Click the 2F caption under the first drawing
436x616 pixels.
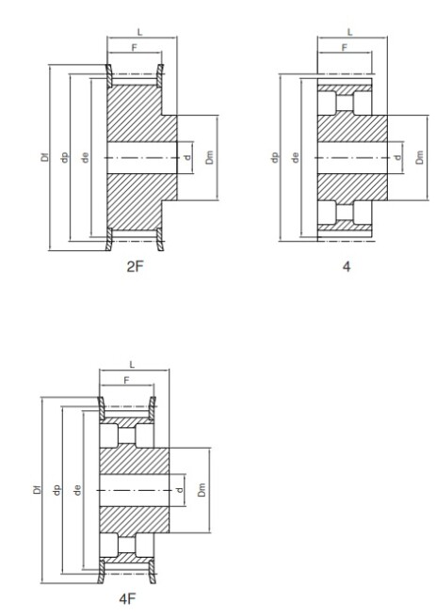pos(135,267)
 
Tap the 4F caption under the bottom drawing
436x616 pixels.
pos(127,599)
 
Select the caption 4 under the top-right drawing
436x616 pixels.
pos(347,267)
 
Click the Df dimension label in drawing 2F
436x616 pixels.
pos(45,157)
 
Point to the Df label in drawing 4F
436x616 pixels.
pos(38,489)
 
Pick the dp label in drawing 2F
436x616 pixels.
pos(65,157)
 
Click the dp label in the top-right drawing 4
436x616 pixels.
pos(275,157)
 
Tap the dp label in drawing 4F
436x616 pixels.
pos(57,490)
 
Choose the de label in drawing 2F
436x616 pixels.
pos(86,157)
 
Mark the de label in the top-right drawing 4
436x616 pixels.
pos(296,157)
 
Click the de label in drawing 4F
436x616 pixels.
pos(77,489)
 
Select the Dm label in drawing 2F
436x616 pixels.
pos(209,157)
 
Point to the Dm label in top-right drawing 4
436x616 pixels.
pos(420,157)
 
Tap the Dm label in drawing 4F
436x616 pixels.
pos(202,489)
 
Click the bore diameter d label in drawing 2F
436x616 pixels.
pos(187,158)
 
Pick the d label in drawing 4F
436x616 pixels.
pos(180,490)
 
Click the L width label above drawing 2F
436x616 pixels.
pos(139,32)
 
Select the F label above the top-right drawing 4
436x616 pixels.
pos(345,48)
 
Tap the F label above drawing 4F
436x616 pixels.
pos(127,380)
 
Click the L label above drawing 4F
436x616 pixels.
pos(132,365)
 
